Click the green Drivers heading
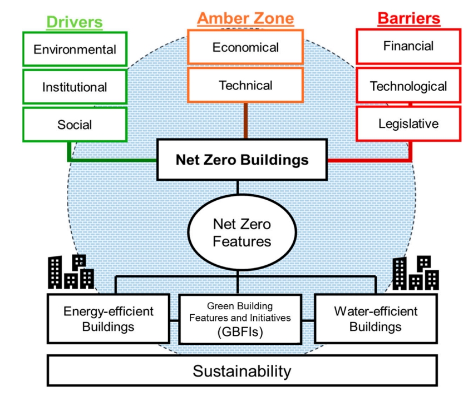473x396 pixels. click(x=75, y=22)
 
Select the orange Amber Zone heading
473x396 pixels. click(x=245, y=18)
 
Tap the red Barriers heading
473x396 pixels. click(x=408, y=18)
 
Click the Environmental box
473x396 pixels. click(x=75, y=49)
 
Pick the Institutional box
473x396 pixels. click(x=75, y=87)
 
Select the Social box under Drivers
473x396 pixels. click(x=75, y=124)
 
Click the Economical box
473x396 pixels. click(x=245, y=47)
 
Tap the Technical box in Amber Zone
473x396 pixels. click(x=245, y=86)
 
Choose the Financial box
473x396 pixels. click(x=408, y=46)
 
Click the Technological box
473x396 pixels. click(x=408, y=86)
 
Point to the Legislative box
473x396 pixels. click(x=408, y=123)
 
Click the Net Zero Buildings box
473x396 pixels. click(x=242, y=160)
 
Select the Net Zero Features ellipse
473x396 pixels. click(x=242, y=232)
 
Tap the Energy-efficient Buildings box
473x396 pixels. click(x=108, y=318)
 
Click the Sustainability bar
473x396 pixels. click(x=242, y=371)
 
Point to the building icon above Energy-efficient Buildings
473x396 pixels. click(x=71, y=273)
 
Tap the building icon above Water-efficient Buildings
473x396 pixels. click(x=415, y=273)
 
